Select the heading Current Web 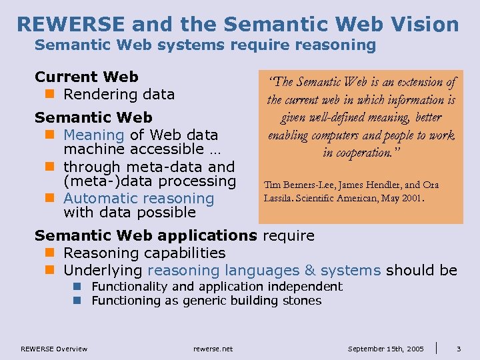pyautogui.click(x=87, y=77)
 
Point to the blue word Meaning pyautogui.click(x=94, y=135)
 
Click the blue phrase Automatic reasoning pyautogui.click(x=139, y=198)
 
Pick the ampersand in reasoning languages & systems pyautogui.click(x=309, y=270)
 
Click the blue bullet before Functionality pyautogui.click(x=77, y=287)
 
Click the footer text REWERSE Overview pyautogui.click(x=53, y=349)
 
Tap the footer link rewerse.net pyautogui.click(x=213, y=349)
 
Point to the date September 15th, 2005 pyautogui.click(x=385, y=349)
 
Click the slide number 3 pyautogui.click(x=459, y=348)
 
